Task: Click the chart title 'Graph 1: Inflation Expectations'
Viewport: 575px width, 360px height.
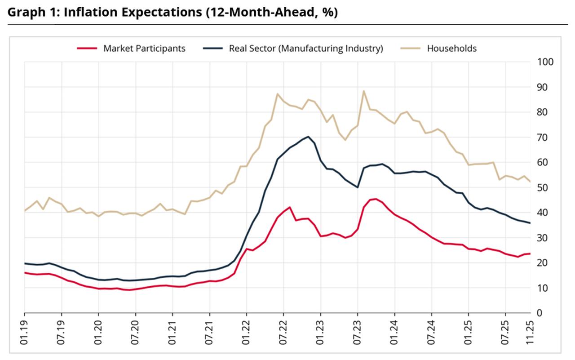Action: coord(172,12)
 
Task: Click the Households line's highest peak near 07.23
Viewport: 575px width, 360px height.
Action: coord(363,91)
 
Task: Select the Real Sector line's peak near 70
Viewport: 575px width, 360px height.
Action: coord(308,137)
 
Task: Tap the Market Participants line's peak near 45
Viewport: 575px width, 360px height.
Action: coord(376,199)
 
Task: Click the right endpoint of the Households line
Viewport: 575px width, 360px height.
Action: coord(531,182)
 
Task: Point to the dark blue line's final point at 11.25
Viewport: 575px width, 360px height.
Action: coord(531,223)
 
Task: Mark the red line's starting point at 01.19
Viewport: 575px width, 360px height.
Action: coord(24,272)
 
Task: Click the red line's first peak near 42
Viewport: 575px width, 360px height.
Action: coord(290,207)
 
